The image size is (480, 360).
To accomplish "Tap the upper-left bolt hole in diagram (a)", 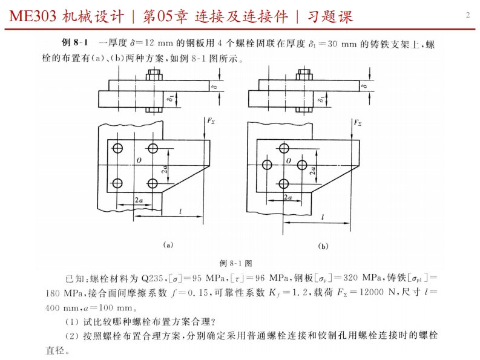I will (x=117, y=148).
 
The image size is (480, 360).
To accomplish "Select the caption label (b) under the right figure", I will (x=323, y=246).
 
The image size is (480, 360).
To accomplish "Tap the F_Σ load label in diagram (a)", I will (x=211, y=121).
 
